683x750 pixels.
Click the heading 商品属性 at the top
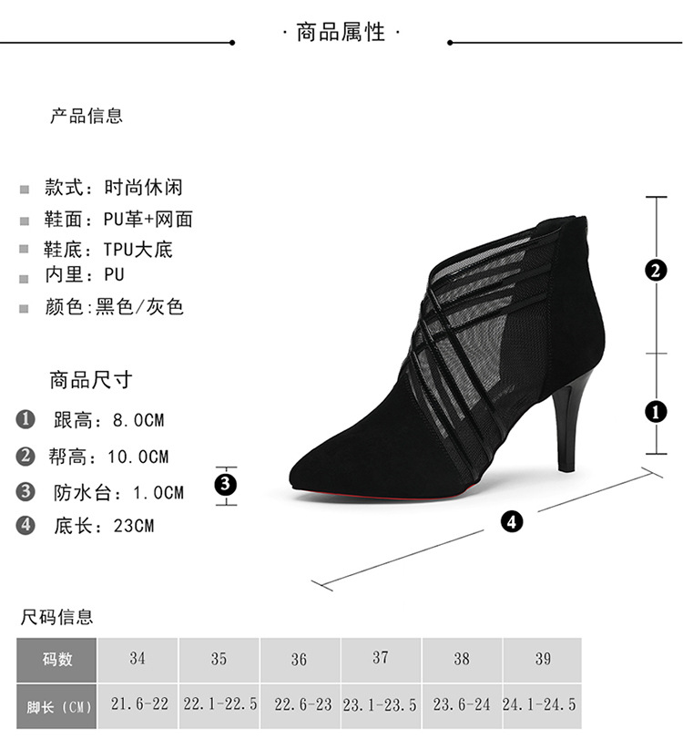click(341, 34)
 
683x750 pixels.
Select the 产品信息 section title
click(87, 116)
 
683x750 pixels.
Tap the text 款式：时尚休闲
click(114, 188)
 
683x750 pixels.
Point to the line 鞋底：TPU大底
click(108, 249)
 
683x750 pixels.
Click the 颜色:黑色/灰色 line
click(115, 307)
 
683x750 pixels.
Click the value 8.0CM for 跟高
click(138, 421)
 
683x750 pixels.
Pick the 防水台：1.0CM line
click(118, 493)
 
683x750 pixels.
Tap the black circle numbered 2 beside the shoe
click(656, 271)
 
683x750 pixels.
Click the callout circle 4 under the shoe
click(512, 522)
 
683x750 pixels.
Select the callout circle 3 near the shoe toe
click(226, 484)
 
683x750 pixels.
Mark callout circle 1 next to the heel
click(656, 412)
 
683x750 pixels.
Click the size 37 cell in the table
click(381, 658)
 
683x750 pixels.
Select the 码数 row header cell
click(57, 659)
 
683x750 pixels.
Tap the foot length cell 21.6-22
click(138, 705)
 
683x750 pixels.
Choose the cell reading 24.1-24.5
click(540, 705)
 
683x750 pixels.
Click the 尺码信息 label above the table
click(57, 618)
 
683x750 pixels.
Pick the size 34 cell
click(138, 658)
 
